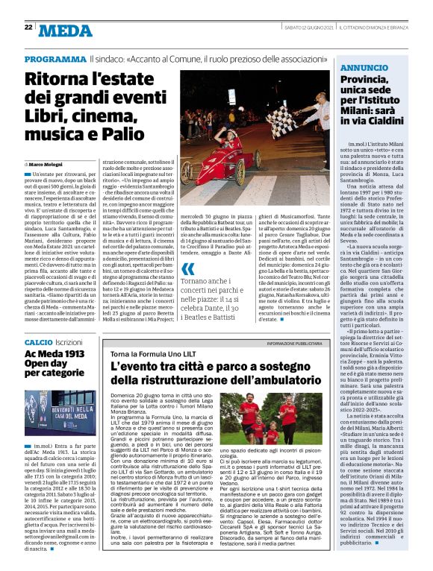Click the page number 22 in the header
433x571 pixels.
pyautogui.click(x=28, y=27)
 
